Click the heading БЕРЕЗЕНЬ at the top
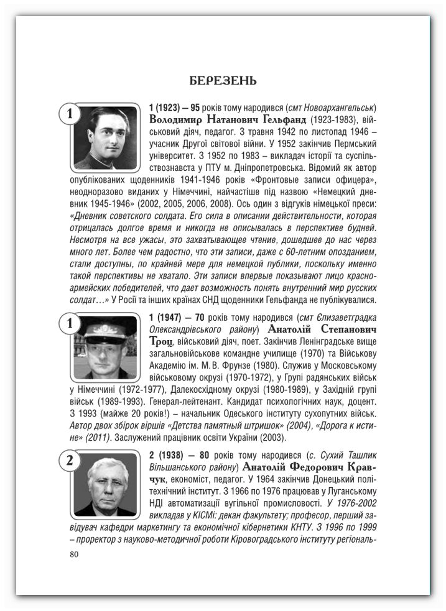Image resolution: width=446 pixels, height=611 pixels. click(223, 81)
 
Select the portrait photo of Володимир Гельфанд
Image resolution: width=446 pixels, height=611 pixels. click(105, 137)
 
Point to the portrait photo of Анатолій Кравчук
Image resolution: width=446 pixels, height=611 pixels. click(105, 484)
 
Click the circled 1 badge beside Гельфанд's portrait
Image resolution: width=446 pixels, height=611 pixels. click(70, 113)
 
